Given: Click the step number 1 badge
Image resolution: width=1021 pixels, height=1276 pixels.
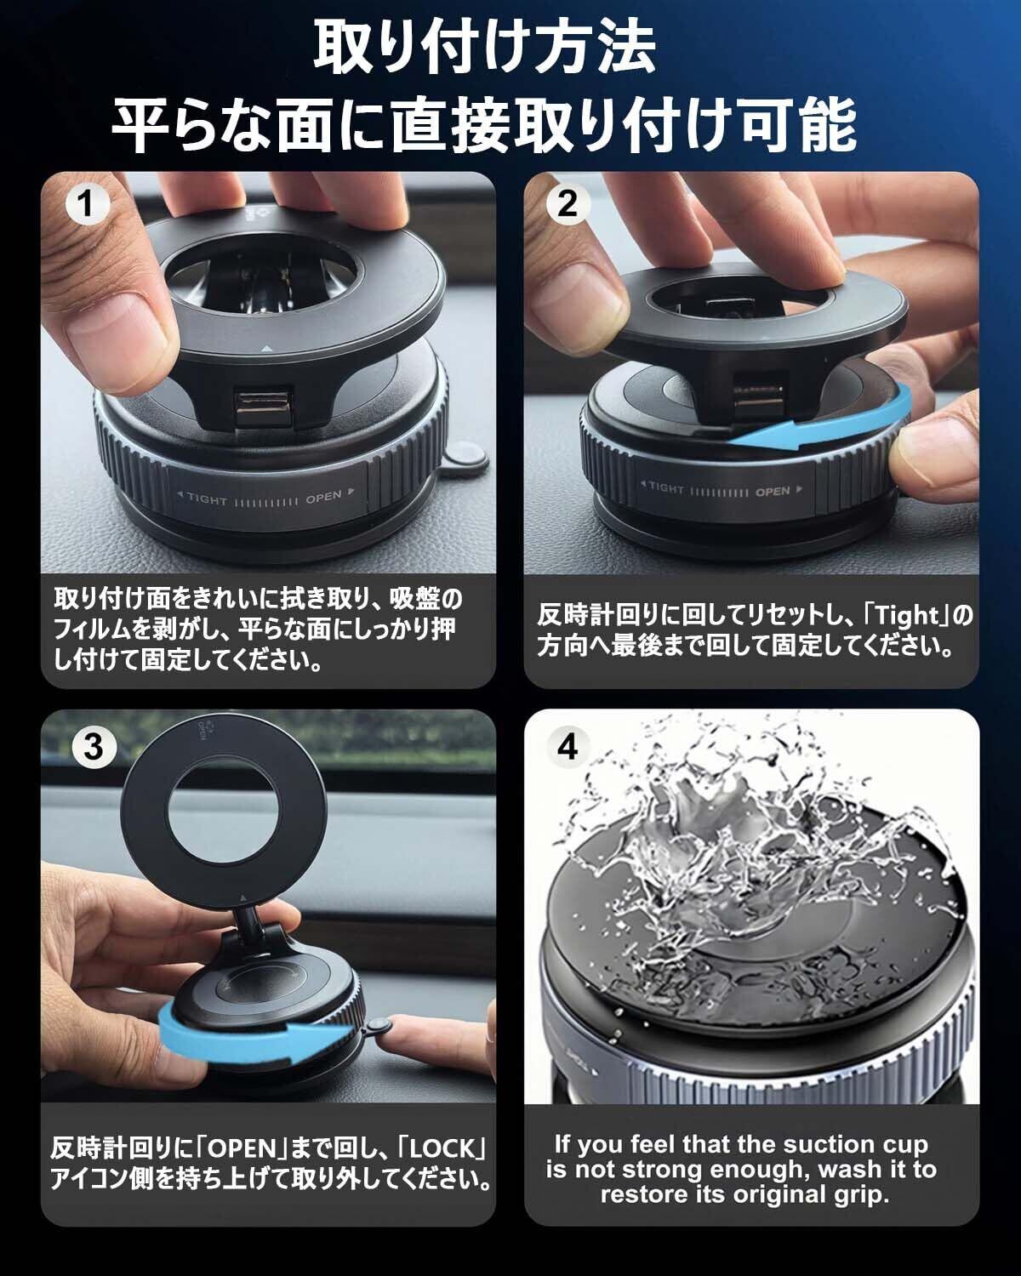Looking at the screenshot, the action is click(87, 204).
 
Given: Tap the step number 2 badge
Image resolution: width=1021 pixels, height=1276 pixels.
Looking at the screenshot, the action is click(568, 204).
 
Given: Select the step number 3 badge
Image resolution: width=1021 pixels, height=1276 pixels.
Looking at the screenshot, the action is click(94, 747).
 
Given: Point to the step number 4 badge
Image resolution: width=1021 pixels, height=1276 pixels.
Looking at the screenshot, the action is click(568, 747).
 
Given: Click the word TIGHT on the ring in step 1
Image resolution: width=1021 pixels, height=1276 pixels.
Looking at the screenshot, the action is click(207, 498).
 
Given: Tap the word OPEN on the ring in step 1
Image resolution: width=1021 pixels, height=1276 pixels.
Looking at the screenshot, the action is click(323, 496).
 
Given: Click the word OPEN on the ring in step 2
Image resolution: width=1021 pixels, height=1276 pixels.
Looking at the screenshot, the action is click(773, 492).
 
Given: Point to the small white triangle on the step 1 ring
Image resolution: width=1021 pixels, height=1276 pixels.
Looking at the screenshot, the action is click(266, 350).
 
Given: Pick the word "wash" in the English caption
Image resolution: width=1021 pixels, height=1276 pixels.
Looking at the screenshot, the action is click(847, 1170).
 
